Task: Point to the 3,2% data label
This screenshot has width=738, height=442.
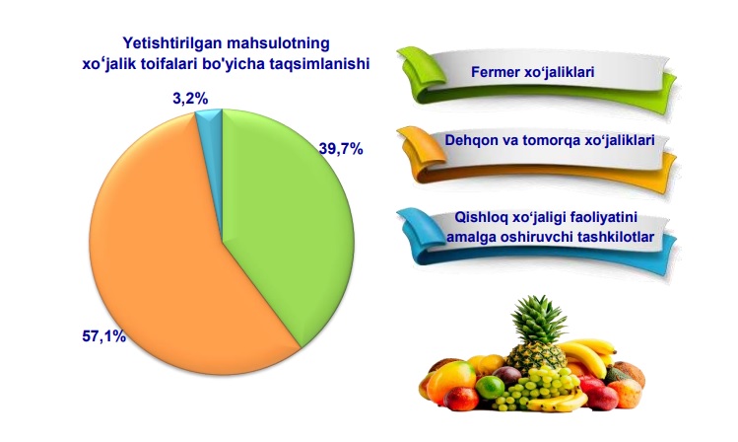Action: (190, 99)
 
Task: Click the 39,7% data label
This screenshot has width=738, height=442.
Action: (341, 149)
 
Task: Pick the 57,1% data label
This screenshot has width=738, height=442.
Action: (104, 336)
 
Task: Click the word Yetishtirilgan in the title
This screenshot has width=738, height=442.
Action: (172, 43)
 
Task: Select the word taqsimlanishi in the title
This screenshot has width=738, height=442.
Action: (319, 63)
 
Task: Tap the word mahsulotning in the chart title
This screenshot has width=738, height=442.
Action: (278, 43)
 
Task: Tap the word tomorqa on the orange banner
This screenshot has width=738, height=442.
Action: (550, 140)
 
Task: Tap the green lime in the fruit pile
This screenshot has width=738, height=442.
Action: (490, 388)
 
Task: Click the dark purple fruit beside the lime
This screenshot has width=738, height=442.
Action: (506, 376)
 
